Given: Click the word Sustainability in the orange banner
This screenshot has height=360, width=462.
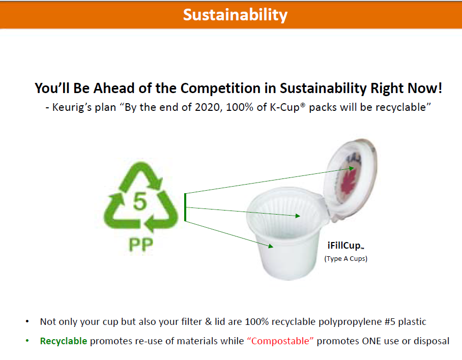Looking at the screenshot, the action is click(235, 15).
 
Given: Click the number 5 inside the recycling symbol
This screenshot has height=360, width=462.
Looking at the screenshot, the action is click(139, 201).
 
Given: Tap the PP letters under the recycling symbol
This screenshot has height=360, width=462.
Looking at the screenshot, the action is click(141, 244).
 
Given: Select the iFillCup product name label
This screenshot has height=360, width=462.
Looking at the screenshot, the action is click(345, 246).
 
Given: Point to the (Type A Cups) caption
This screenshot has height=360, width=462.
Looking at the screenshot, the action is click(345, 259).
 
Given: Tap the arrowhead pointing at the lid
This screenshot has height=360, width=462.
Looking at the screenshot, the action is click(351, 168).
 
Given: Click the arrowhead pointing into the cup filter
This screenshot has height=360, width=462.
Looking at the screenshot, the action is click(298, 216).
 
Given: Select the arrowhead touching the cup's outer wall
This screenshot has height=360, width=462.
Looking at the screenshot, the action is click(271, 246).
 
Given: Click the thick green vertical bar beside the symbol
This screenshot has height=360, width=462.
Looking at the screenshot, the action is click(185, 207).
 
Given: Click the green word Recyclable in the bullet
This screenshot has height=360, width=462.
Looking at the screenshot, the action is click(64, 341).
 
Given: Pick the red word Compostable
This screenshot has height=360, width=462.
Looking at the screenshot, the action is click(280, 341).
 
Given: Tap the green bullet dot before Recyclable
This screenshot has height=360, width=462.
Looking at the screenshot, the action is click(27, 341).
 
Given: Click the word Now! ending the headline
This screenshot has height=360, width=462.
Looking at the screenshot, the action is click(424, 88).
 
